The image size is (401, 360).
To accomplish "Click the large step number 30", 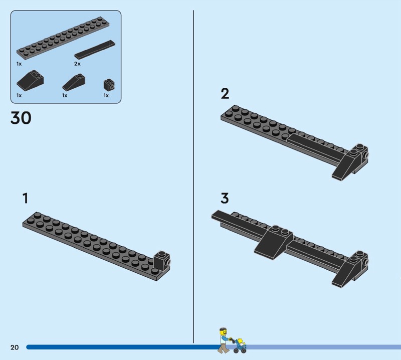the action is coord(21,118).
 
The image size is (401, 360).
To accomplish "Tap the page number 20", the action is coord(15,347).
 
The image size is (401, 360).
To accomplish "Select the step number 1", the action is coord(25,198).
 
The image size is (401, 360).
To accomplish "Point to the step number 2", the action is coord(225,94).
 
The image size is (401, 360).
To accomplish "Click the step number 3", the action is coord(225,198).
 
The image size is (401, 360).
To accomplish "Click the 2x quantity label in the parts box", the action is coord(77,64).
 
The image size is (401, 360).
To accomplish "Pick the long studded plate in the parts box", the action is coord(63,38).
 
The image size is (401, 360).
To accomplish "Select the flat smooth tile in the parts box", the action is coord(95,49).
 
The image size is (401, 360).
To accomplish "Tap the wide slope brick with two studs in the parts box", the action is coord(30,80).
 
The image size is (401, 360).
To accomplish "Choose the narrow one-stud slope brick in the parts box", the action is coord(74,82).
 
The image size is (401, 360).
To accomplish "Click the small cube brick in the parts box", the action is coord(109,85).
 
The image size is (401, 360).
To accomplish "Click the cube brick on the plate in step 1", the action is coord(162,261).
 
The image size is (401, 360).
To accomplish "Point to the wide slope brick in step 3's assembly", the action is coord(274,242).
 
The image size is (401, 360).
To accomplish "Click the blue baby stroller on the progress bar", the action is coord(240,345).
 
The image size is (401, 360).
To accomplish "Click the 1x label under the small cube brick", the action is coord(106,95).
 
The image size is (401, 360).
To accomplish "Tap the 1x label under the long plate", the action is coord(19,64).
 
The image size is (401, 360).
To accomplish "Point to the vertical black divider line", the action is coord(193,176).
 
